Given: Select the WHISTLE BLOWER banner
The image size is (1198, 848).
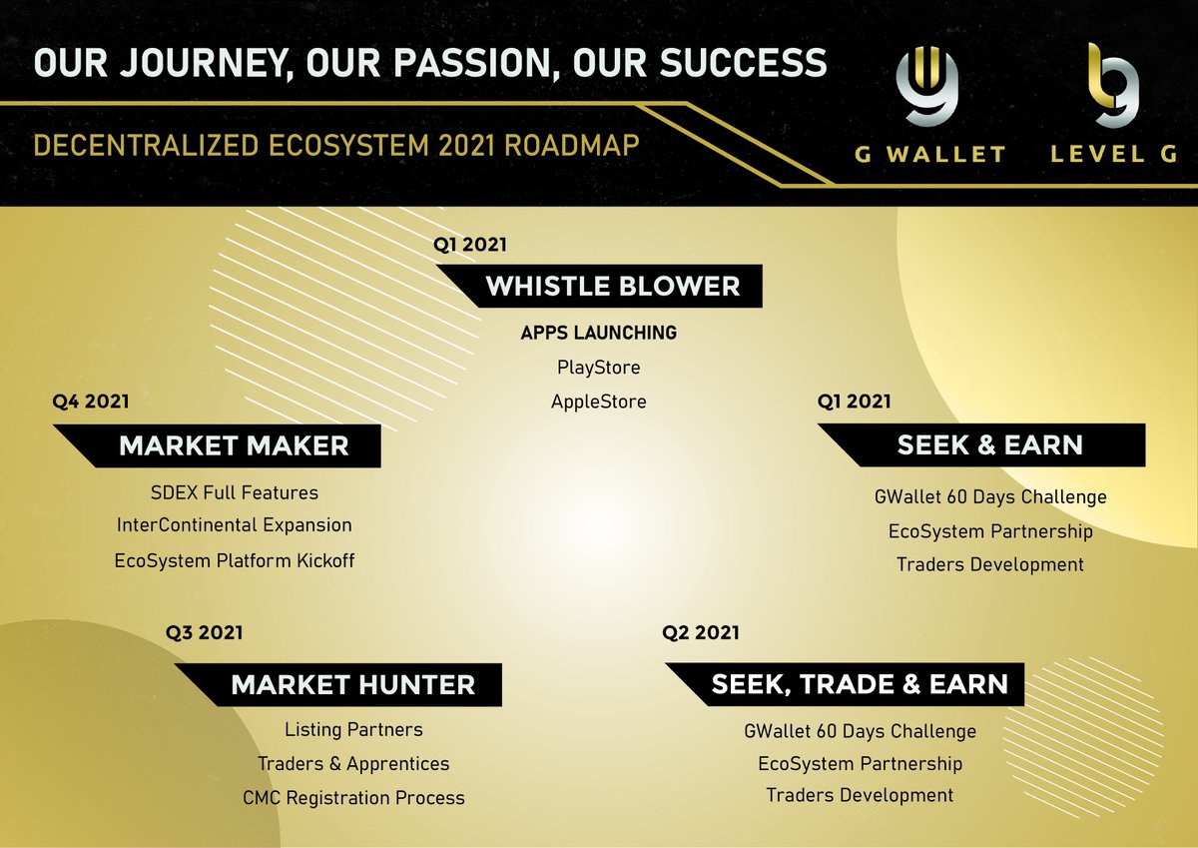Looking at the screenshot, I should [613, 287].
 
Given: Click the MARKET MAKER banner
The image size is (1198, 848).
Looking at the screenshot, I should [234, 445].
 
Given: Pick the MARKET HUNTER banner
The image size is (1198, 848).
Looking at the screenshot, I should [352, 685].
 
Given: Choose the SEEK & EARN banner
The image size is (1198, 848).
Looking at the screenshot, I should [989, 445].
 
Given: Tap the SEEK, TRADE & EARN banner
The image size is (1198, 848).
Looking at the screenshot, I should [859, 685].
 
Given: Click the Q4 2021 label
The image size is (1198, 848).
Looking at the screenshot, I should [91, 402].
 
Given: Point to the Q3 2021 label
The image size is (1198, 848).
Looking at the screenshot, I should [205, 632].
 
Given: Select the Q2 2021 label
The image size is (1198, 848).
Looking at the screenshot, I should [701, 632].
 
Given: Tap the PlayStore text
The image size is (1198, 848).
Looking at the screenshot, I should [599, 368].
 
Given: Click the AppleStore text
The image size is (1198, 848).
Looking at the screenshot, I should [599, 402].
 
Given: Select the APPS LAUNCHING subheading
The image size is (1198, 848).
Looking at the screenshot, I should [599, 333].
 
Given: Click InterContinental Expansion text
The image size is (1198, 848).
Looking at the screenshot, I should [235, 525].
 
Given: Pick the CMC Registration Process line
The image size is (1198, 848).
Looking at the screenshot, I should [353, 798].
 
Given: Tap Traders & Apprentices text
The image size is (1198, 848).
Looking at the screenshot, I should [353, 764].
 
